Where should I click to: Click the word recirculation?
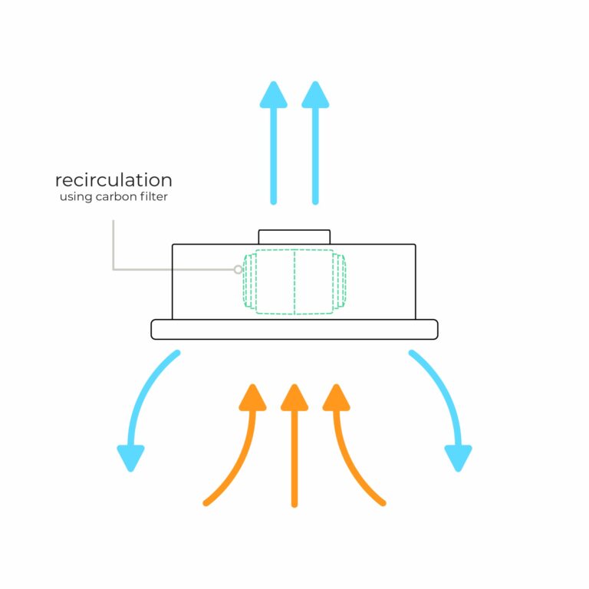pyautogui.click(x=114, y=180)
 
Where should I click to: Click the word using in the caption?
pyautogui.click(x=76, y=197)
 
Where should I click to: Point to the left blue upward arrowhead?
pyautogui.click(x=273, y=94)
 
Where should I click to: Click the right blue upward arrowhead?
pyautogui.click(x=315, y=94)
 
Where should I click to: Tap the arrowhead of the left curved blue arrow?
pyautogui.click(x=130, y=459)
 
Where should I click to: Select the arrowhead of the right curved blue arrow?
pyautogui.click(x=458, y=459)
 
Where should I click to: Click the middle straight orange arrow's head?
pyautogui.click(x=294, y=397)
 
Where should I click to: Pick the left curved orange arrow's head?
pyautogui.click(x=253, y=397)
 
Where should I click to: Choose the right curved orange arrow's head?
pyautogui.click(x=334, y=397)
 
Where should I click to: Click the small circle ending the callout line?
pyautogui.click(x=238, y=269)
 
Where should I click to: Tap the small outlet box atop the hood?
pyautogui.click(x=294, y=237)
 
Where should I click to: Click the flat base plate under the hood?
pyautogui.click(x=294, y=329)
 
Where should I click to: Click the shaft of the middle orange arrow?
pyautogui.click(x=294, y=460)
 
